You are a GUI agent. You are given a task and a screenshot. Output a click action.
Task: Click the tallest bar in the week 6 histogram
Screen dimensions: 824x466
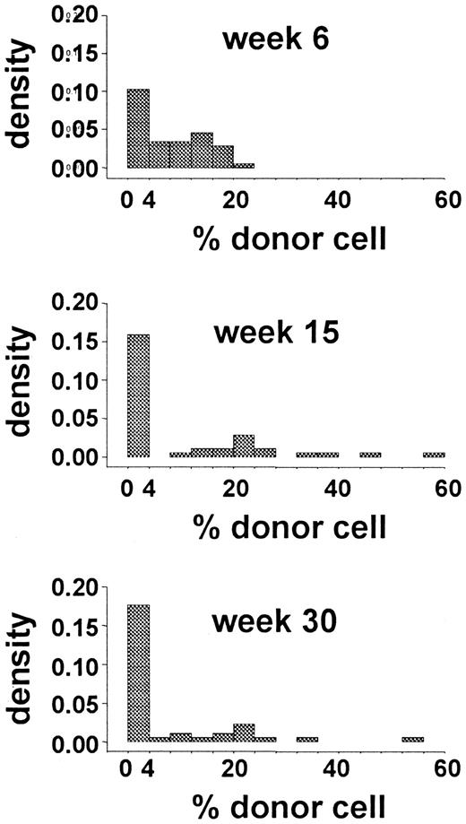click(x=138, y=128)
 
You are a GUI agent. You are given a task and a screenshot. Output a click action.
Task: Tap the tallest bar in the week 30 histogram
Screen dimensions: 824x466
click(x=138, y=673)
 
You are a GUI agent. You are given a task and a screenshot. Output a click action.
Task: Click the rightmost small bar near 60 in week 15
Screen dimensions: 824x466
click(x=434, y=455)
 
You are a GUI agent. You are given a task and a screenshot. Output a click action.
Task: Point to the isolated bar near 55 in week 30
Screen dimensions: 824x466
click(x=412, y=740)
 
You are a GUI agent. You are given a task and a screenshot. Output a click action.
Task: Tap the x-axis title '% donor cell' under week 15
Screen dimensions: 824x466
click(x=289, y=525)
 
